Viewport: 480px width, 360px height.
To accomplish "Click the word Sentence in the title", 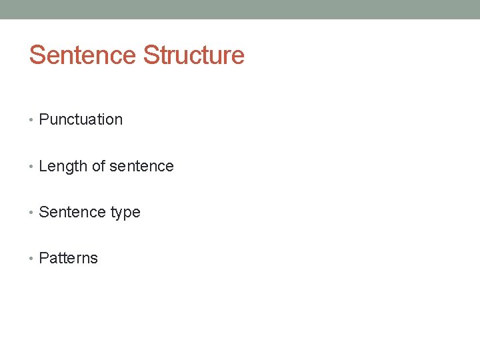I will (x=83, y=55).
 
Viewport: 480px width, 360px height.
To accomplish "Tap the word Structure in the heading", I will (x=194, y=55).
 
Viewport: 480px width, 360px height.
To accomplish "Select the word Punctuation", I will (x=81, y=120).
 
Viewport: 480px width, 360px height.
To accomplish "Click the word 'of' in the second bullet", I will (x=97, y=166).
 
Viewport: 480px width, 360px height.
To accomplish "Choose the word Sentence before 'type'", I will (x=71, y=212).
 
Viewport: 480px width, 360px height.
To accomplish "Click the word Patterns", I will (x=68, y=259).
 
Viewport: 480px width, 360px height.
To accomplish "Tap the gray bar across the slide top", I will (x=240, y=9).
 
